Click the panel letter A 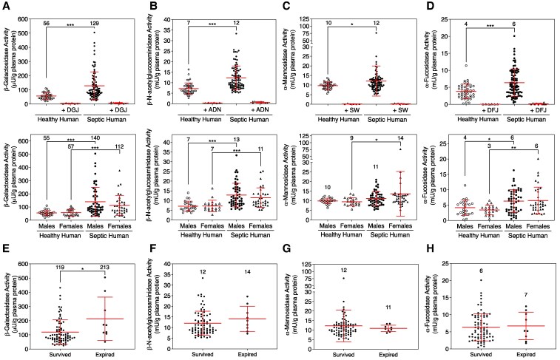pyautogui.click(x=6, y=6)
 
